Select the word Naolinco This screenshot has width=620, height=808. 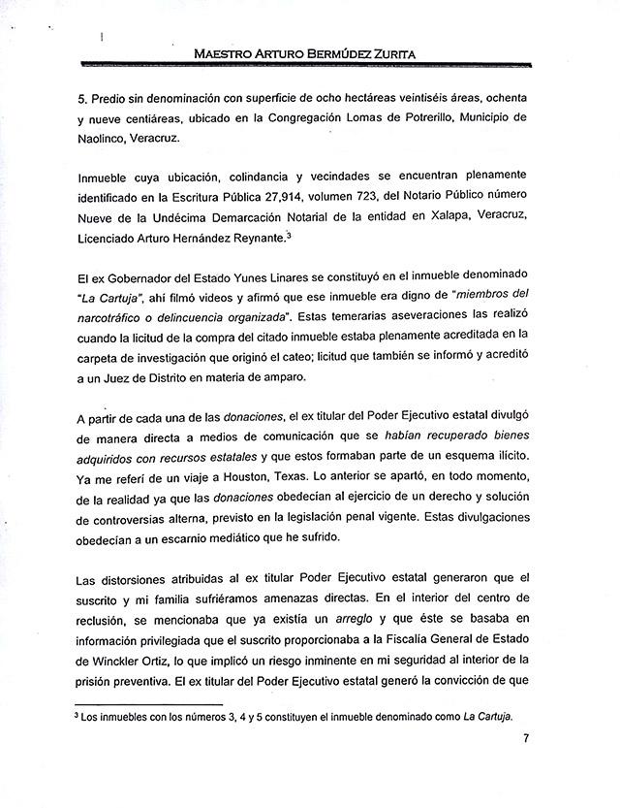98,139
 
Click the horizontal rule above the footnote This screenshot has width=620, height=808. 148,703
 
